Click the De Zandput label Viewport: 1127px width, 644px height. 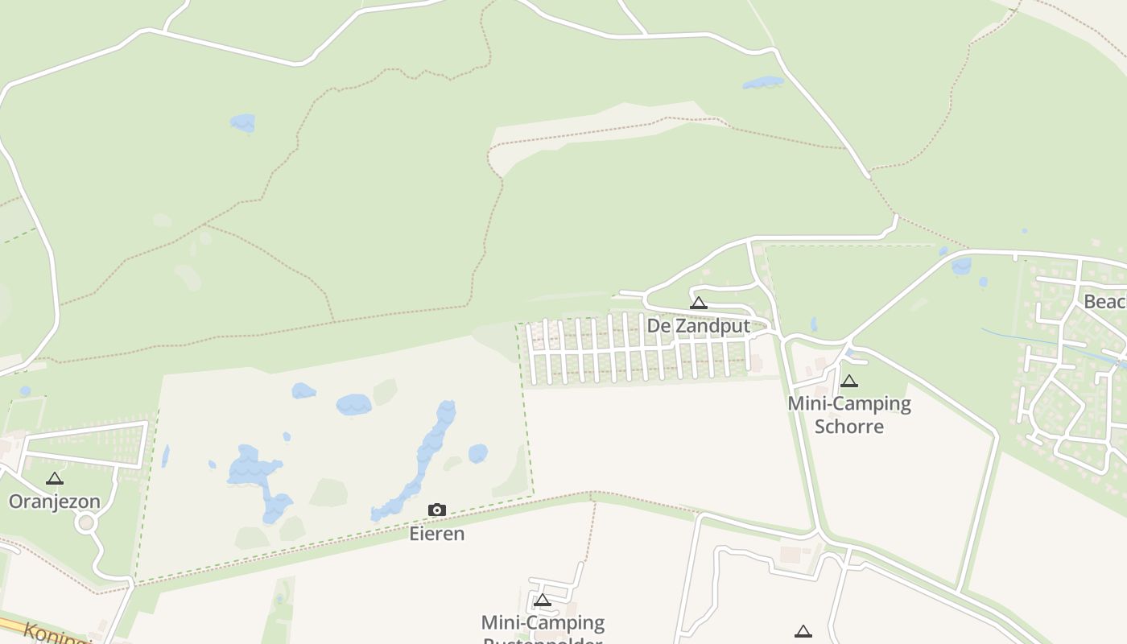pos(698,326)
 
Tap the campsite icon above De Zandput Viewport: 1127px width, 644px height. pos(698,303)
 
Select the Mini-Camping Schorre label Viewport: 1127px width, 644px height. pos(849,415)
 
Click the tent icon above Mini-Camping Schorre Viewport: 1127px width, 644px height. pos(848,382)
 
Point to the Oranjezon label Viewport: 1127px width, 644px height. pos(55,502)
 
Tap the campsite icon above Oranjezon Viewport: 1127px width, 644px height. pos(54,479)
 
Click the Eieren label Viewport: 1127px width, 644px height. pos(437,534)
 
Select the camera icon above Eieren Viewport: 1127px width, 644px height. pos(437,510)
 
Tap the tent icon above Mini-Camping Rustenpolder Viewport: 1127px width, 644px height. pos(543,601)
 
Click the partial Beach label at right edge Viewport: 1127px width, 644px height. pos(1105,302)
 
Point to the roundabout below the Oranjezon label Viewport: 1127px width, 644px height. pos(86,523)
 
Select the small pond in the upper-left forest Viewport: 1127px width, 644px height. pos(242,123)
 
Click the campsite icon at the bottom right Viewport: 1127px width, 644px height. pos(803,632)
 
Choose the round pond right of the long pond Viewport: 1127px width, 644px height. pos(478,453)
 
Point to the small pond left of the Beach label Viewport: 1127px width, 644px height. pos(961,266)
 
